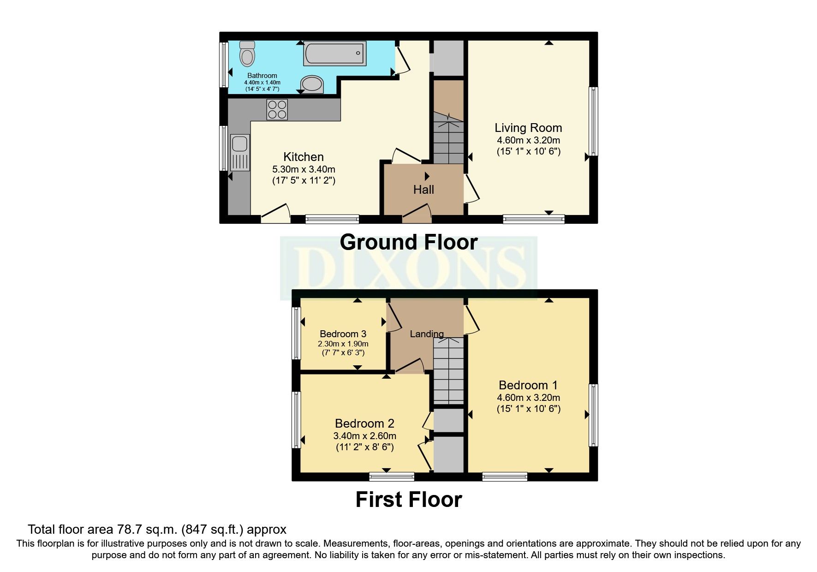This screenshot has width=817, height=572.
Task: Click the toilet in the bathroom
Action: pos(247,55)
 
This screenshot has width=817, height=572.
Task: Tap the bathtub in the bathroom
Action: pos(334,53)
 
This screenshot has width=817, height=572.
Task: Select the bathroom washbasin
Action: pos(312,84)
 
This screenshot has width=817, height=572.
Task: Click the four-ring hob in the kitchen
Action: pos(277,110)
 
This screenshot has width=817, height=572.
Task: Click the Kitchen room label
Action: pos(303,157)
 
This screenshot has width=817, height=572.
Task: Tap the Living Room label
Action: pos(528,128)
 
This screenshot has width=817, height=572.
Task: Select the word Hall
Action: pos(423,190)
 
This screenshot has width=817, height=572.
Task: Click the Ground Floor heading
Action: pos(408,242)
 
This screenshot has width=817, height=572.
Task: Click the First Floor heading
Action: pos(408,500)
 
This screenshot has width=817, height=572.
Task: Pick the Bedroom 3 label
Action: pos(343,334)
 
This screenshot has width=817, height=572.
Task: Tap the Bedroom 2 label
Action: pos(364,423)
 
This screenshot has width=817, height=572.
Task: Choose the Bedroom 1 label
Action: pos(528,385)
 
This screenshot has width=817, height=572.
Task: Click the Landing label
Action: pos(427,334)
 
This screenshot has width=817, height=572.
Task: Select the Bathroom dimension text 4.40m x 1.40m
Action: pos(262,82)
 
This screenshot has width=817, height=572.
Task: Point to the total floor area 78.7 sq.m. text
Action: pos(157,529)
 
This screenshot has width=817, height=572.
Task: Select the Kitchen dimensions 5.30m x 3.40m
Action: pos(303,169)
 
